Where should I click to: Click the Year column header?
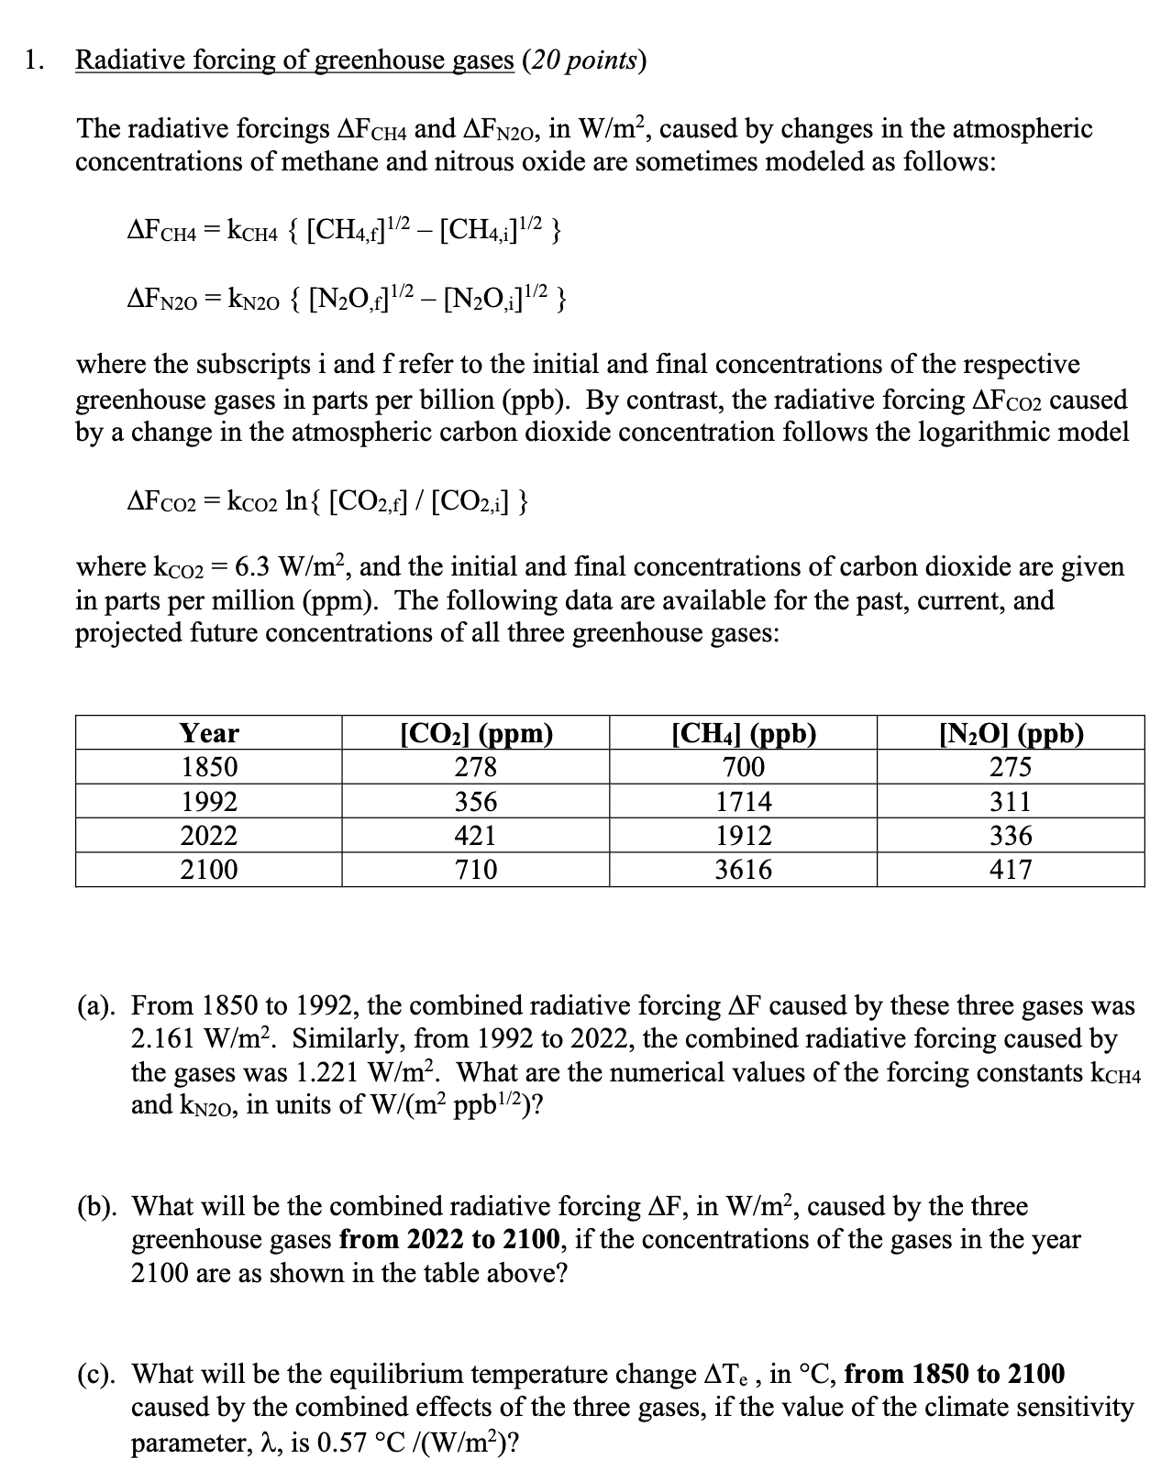tap(209, 733)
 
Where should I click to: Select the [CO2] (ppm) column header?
tap(477, 733)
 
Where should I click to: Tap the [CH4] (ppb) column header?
tap(744, 733)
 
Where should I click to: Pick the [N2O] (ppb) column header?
tap(1011, 733)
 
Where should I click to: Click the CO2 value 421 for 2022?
tap(477, 836)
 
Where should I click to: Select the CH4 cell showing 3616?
tap(744, 870)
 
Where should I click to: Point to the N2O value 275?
tap(1011, 767)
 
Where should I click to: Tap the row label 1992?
tap(209, 802)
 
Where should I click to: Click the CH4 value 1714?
tap(744, 802)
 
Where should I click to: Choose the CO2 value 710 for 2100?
tap(477, 870)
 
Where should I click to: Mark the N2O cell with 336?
tap(1011, 836)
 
